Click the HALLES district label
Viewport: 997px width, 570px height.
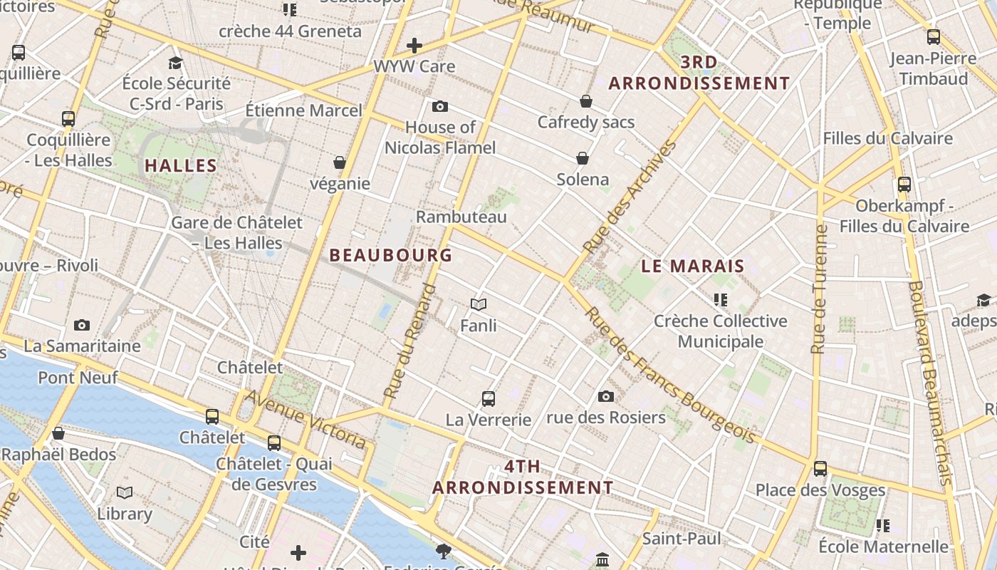[181, 166]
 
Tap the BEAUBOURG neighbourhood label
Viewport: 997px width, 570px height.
[391, 255]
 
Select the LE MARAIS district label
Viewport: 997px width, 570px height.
[693, 266]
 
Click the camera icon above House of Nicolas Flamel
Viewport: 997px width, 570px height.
[440, 107]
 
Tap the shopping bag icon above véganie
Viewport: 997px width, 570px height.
[340, 163]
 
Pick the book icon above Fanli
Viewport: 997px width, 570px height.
[479, 305]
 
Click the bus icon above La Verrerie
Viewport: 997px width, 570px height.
[489, 399]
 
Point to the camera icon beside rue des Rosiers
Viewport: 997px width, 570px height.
[606, 397]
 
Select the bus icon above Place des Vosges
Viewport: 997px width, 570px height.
[820, 469]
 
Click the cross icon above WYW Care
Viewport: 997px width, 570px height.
[414, 46]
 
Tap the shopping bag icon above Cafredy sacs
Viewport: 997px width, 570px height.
[586, 102]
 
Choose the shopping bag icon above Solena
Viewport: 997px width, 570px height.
[583, 158]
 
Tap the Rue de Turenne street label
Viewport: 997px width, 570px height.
[820, 289]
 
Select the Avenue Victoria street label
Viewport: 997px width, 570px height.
[306, 419]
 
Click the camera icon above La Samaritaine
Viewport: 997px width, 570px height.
[82, 326]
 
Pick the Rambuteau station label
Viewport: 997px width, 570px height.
[461, 217]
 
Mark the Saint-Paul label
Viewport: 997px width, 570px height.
[682, 539]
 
